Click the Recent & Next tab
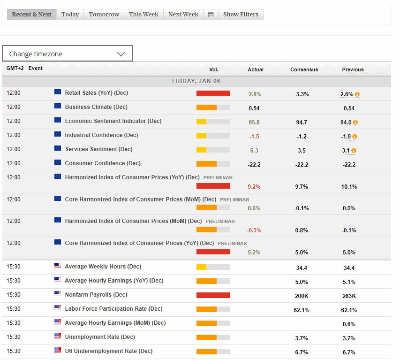click(x=32, y=15)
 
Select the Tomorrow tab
click(x=104, y=15)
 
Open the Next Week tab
click(x=183, y=15)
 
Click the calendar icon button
click(x=211, y=15)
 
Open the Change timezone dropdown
click(x=68, y=54)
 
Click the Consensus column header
click(x=304, y=69)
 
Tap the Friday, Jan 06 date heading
click(x=196, y=81)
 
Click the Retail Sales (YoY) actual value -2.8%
click(x=254, y=94)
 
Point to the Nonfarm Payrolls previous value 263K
click(x=349, y=296)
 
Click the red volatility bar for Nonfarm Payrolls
click(x=213, y=295)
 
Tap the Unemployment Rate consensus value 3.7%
click(x=302, y=338)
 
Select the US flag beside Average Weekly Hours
click(x=58, y=266)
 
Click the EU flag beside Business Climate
click(x=58, y=106)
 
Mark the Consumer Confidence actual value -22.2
click(x=254, y=165)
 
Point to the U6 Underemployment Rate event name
click(x=108, y=351)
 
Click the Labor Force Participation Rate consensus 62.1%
click(x=302, y=310)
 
